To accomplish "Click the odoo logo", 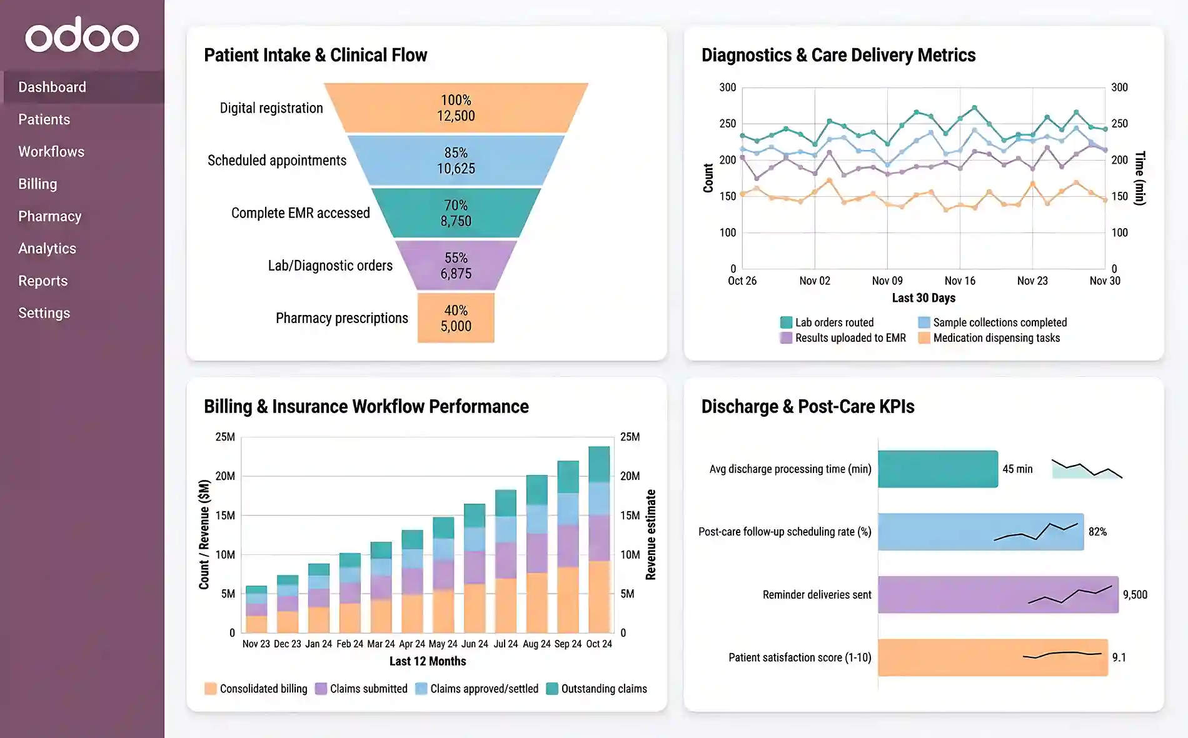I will click(x=82, y=36).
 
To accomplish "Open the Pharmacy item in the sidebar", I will click(x=50, y=216).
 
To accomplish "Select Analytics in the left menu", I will click(x=47, y=249).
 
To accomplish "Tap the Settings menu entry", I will click(x=44, y=313).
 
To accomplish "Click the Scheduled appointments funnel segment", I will click(x=456, y=161).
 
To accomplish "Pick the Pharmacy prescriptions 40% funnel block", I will click(x=456, y=318).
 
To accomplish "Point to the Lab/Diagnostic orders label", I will click(x=330, y=266).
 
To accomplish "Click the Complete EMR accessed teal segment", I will click(x=456, y=213).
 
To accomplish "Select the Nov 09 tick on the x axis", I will click(x=887, y=281).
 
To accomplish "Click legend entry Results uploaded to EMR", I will click(x=849, y=338).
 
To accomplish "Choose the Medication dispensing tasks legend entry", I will click(x=995, y=338).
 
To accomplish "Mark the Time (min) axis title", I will click(x=1139, y=178).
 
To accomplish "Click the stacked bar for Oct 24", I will click(x=599, y=540).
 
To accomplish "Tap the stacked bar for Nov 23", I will click(x=256, y=609).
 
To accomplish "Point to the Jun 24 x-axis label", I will click(x=475, y=644).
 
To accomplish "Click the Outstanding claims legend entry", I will click(x=603, y=689).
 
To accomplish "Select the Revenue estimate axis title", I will click(x=650, y=535).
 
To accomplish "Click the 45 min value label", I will click(x=1017, y=469).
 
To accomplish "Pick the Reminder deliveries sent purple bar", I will click(x=997, y=594).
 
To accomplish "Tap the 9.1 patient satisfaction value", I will click(x=1119, y=657).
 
